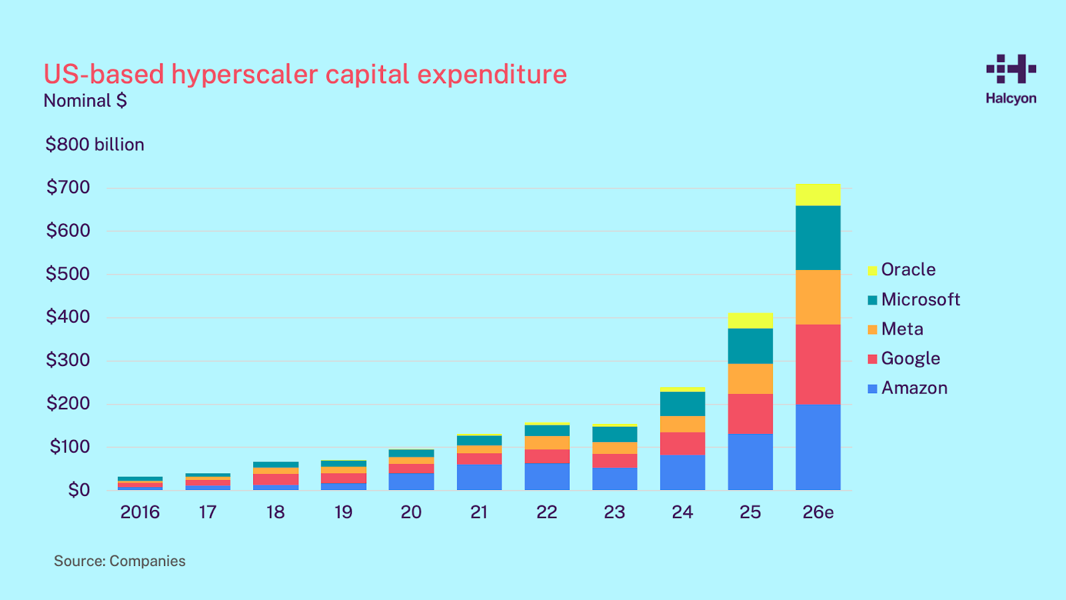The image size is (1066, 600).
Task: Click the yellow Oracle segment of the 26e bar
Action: point(817,195)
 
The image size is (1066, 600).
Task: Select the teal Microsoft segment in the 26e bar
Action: point(817,238)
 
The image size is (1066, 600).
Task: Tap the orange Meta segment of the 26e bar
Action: point(817,297)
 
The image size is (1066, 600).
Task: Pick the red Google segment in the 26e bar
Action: point(817,365)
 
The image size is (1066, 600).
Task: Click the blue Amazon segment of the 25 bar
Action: point(750,462)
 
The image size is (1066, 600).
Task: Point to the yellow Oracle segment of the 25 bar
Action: point(750,321)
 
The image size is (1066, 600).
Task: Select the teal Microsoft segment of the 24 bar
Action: point(682,404)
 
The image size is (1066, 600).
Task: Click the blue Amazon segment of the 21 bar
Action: point(479,477)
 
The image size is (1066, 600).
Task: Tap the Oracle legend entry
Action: point(901,270)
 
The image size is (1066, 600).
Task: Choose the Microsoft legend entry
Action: point(913,300)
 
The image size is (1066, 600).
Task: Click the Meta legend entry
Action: point(895,329)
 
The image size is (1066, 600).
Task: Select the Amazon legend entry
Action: point(907,389)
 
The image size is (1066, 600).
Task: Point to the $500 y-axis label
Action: point(68,274)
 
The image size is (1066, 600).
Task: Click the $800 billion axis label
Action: point(95,145)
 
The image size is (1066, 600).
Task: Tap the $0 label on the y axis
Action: point(79,490)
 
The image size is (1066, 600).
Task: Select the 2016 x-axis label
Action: point(140,512)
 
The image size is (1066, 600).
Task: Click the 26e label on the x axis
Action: point(818,512)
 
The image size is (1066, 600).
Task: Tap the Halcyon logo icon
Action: point(1011,69)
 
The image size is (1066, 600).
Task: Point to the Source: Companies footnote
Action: point(120,561)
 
